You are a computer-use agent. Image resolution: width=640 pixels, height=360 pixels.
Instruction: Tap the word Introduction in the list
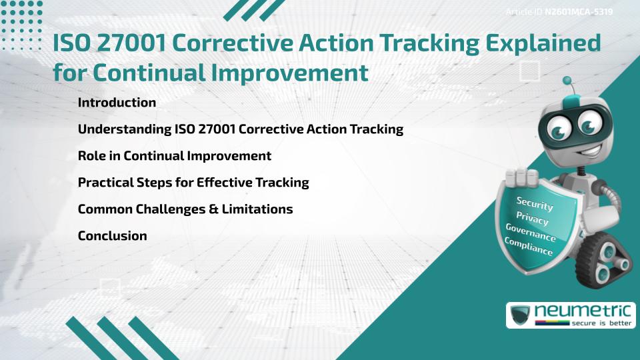click(x=117, y=103)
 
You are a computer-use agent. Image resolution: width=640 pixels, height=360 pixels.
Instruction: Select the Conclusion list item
click(x=112, y=236)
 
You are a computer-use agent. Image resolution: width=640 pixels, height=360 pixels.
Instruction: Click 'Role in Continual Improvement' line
click(x=174, y=156)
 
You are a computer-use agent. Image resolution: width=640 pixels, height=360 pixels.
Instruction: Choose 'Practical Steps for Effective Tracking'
click(x=193, y=183)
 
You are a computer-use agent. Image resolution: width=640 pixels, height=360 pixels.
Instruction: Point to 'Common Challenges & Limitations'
click(x=185, y=209)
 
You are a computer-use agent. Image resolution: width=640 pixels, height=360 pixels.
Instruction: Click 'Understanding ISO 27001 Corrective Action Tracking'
click(x=240, y=129)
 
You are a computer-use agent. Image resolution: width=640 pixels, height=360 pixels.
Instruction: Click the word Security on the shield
click(x=534, y=204)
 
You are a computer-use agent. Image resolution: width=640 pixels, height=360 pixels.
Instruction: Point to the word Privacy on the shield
click(x=531, y=218)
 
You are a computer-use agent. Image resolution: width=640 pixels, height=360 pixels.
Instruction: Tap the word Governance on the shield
click(x=530, y=232)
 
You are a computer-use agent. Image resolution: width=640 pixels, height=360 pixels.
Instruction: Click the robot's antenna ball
click(x=567, y=81)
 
